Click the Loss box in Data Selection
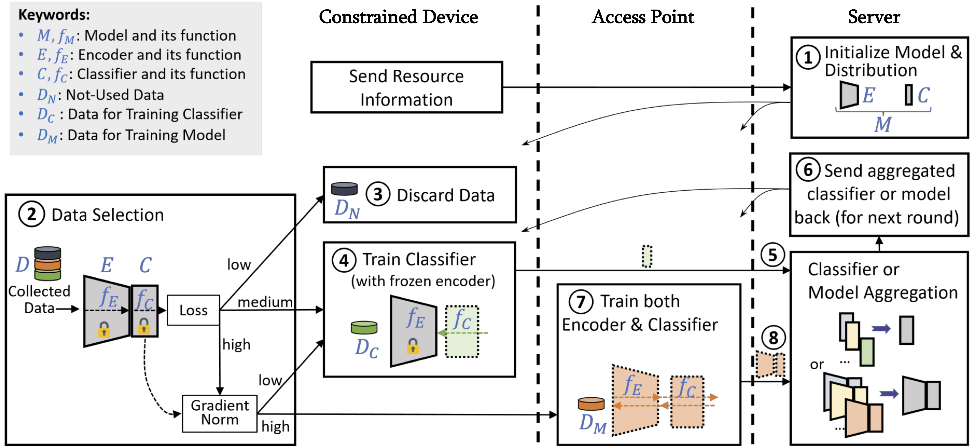point(193,310)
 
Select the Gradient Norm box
point(220,413)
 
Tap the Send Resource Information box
point(406,88)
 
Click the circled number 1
point(808,57)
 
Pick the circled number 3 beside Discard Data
point(378,194)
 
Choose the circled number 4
point(344,260)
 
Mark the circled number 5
point(772,255)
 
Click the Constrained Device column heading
point(399,17)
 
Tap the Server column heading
point(874,17)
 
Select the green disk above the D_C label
point(364,327)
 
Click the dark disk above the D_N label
point(344,188)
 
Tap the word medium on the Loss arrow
point(265,302)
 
